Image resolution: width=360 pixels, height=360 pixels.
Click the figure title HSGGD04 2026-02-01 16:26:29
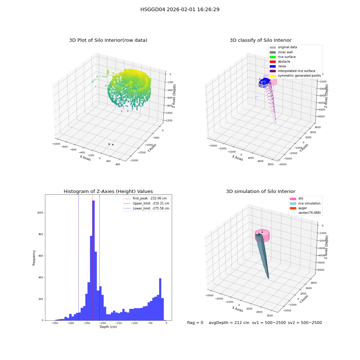pyautogui.click(x=180, y=9)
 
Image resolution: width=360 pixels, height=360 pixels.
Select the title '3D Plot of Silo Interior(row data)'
pyautogui.click(x=108, y=40)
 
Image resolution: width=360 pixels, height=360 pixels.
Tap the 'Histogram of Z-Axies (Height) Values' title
pyautogui.click(x=108, y=191)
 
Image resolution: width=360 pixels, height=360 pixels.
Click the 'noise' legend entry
pyautogui.click(x=278, y=66)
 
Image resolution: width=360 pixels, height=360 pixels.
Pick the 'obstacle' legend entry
pyautogui.click(x=280, y=62)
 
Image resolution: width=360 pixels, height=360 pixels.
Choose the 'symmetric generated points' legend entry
pyautogui.click(x=295, y=76)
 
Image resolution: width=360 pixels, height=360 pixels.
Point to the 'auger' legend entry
pyautogui.click(x=298, y=208)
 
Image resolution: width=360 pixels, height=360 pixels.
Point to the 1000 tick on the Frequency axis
pyautogui.click(x=40, y=213)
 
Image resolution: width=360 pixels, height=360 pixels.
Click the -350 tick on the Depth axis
pyautogui.click(x=55, y=323)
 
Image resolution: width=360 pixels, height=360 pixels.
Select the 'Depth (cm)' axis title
pyautogui.click(x=108, y=327)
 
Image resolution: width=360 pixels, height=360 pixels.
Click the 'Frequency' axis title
pyautogui.click(x=34, y=258)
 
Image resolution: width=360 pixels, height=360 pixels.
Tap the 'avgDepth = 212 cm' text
pyautogui.click(x=229, y=323)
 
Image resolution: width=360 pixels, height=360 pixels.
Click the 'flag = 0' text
pyautogui.click(x=195, y=323)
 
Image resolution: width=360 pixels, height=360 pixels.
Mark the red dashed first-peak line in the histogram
pyautogui.click(x=92, y=257)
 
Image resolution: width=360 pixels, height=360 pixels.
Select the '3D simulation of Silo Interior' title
pyautogui.click(x=261, y=191)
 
